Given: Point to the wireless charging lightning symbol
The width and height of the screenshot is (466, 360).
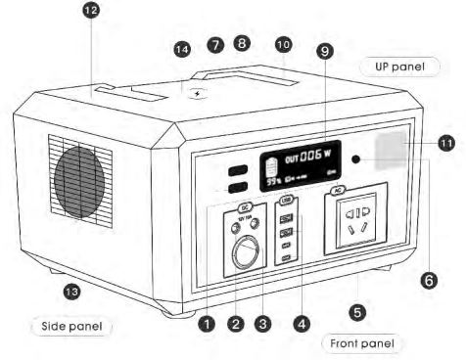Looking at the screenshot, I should pos(201,95).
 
